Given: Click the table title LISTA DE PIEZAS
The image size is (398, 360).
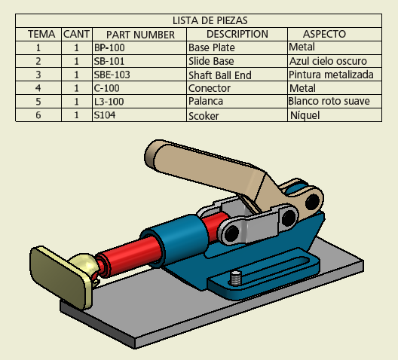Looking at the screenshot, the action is click(210, 20).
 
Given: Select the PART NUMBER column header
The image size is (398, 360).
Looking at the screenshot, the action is click(140, 35).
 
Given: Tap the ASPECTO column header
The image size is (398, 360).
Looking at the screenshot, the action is click(324, 34).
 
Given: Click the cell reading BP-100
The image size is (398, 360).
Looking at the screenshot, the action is click(109, 47).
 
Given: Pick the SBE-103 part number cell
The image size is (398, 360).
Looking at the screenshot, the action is click(112, 75).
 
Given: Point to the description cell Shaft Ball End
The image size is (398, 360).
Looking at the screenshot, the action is click(220, 75).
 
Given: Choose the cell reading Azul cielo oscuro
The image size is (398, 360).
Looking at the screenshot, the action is click(328, 61).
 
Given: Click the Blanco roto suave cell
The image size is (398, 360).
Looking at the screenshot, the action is click(329, 101).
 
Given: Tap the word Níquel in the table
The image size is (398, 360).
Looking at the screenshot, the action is click(305, 115).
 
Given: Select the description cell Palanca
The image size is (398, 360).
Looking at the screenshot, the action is click(206, 101).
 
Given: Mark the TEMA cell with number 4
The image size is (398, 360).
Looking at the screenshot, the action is click(38, 88).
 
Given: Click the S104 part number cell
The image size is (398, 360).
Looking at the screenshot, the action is click(105, 115).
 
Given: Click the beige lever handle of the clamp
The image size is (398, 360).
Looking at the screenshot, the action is click(203, 165).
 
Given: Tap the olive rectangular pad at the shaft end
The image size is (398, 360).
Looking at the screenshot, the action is click(57, 276).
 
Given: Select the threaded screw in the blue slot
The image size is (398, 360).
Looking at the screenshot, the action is click(236, 278).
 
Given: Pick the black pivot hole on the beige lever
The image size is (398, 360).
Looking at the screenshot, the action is click(313, 202).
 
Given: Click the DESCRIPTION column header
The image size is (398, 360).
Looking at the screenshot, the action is click(237, 34).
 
